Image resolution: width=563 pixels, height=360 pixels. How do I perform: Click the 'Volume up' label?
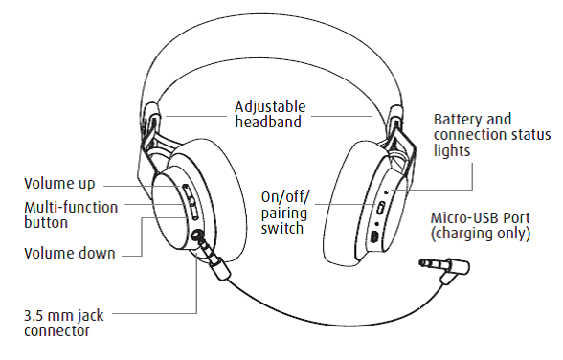(x=59, y=184)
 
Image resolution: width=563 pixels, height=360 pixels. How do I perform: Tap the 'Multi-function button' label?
(x=71, y=214)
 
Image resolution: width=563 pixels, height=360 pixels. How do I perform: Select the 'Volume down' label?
(x=70, y=254)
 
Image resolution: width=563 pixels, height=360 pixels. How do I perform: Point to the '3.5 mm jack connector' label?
(x=64, y=323)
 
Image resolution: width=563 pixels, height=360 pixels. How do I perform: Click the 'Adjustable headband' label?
(x=270, y=114)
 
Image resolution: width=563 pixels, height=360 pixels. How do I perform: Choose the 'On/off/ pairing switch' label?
(x=284, y=213)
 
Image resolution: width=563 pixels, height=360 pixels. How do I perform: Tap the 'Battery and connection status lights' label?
(x=492, y=135)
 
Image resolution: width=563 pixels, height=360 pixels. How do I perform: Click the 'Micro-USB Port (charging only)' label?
(x=481, y=225)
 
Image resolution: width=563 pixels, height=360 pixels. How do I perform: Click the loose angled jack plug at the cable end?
(x=446, y=268)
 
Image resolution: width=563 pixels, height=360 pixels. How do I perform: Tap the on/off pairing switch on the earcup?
(x=381, y=207)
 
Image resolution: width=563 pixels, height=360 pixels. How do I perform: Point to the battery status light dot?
(x=387, y=191)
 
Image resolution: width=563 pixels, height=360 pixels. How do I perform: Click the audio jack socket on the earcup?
(x=196, y=236)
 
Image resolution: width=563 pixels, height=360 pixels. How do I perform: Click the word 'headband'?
(x=268, y=122)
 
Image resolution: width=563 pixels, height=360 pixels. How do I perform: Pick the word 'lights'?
(x=452, y=150)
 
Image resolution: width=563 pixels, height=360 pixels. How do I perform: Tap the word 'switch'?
(x=282, y=228)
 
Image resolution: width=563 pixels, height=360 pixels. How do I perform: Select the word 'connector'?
(x=56, y=331)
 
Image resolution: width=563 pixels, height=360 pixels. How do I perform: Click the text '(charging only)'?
(x=481, y=234)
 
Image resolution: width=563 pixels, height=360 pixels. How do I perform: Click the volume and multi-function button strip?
(x=191, y=202)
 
